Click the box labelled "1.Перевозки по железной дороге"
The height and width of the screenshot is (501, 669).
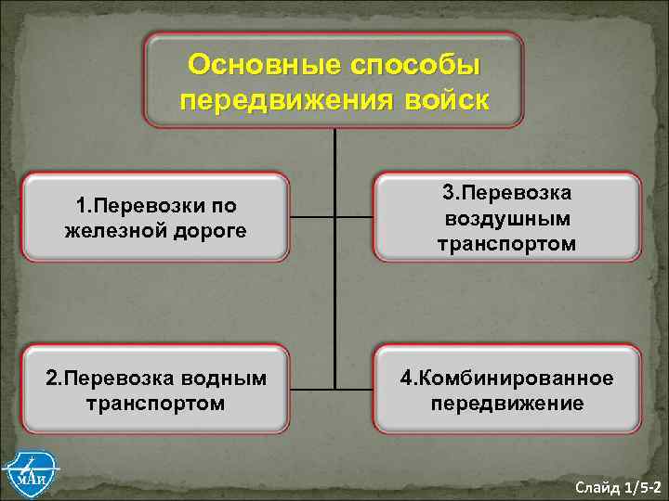point(156,217)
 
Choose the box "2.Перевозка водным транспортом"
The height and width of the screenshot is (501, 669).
point(156,391)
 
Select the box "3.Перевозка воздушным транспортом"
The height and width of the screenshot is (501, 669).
point(506,217)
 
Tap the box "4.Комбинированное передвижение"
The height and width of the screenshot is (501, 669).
point(506,391)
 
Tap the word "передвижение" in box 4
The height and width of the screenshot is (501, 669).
point(506,404)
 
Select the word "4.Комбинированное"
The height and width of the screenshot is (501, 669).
point(506,379)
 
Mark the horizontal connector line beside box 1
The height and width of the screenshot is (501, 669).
point(311,218)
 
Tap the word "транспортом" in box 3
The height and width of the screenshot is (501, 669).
point(506,243)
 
